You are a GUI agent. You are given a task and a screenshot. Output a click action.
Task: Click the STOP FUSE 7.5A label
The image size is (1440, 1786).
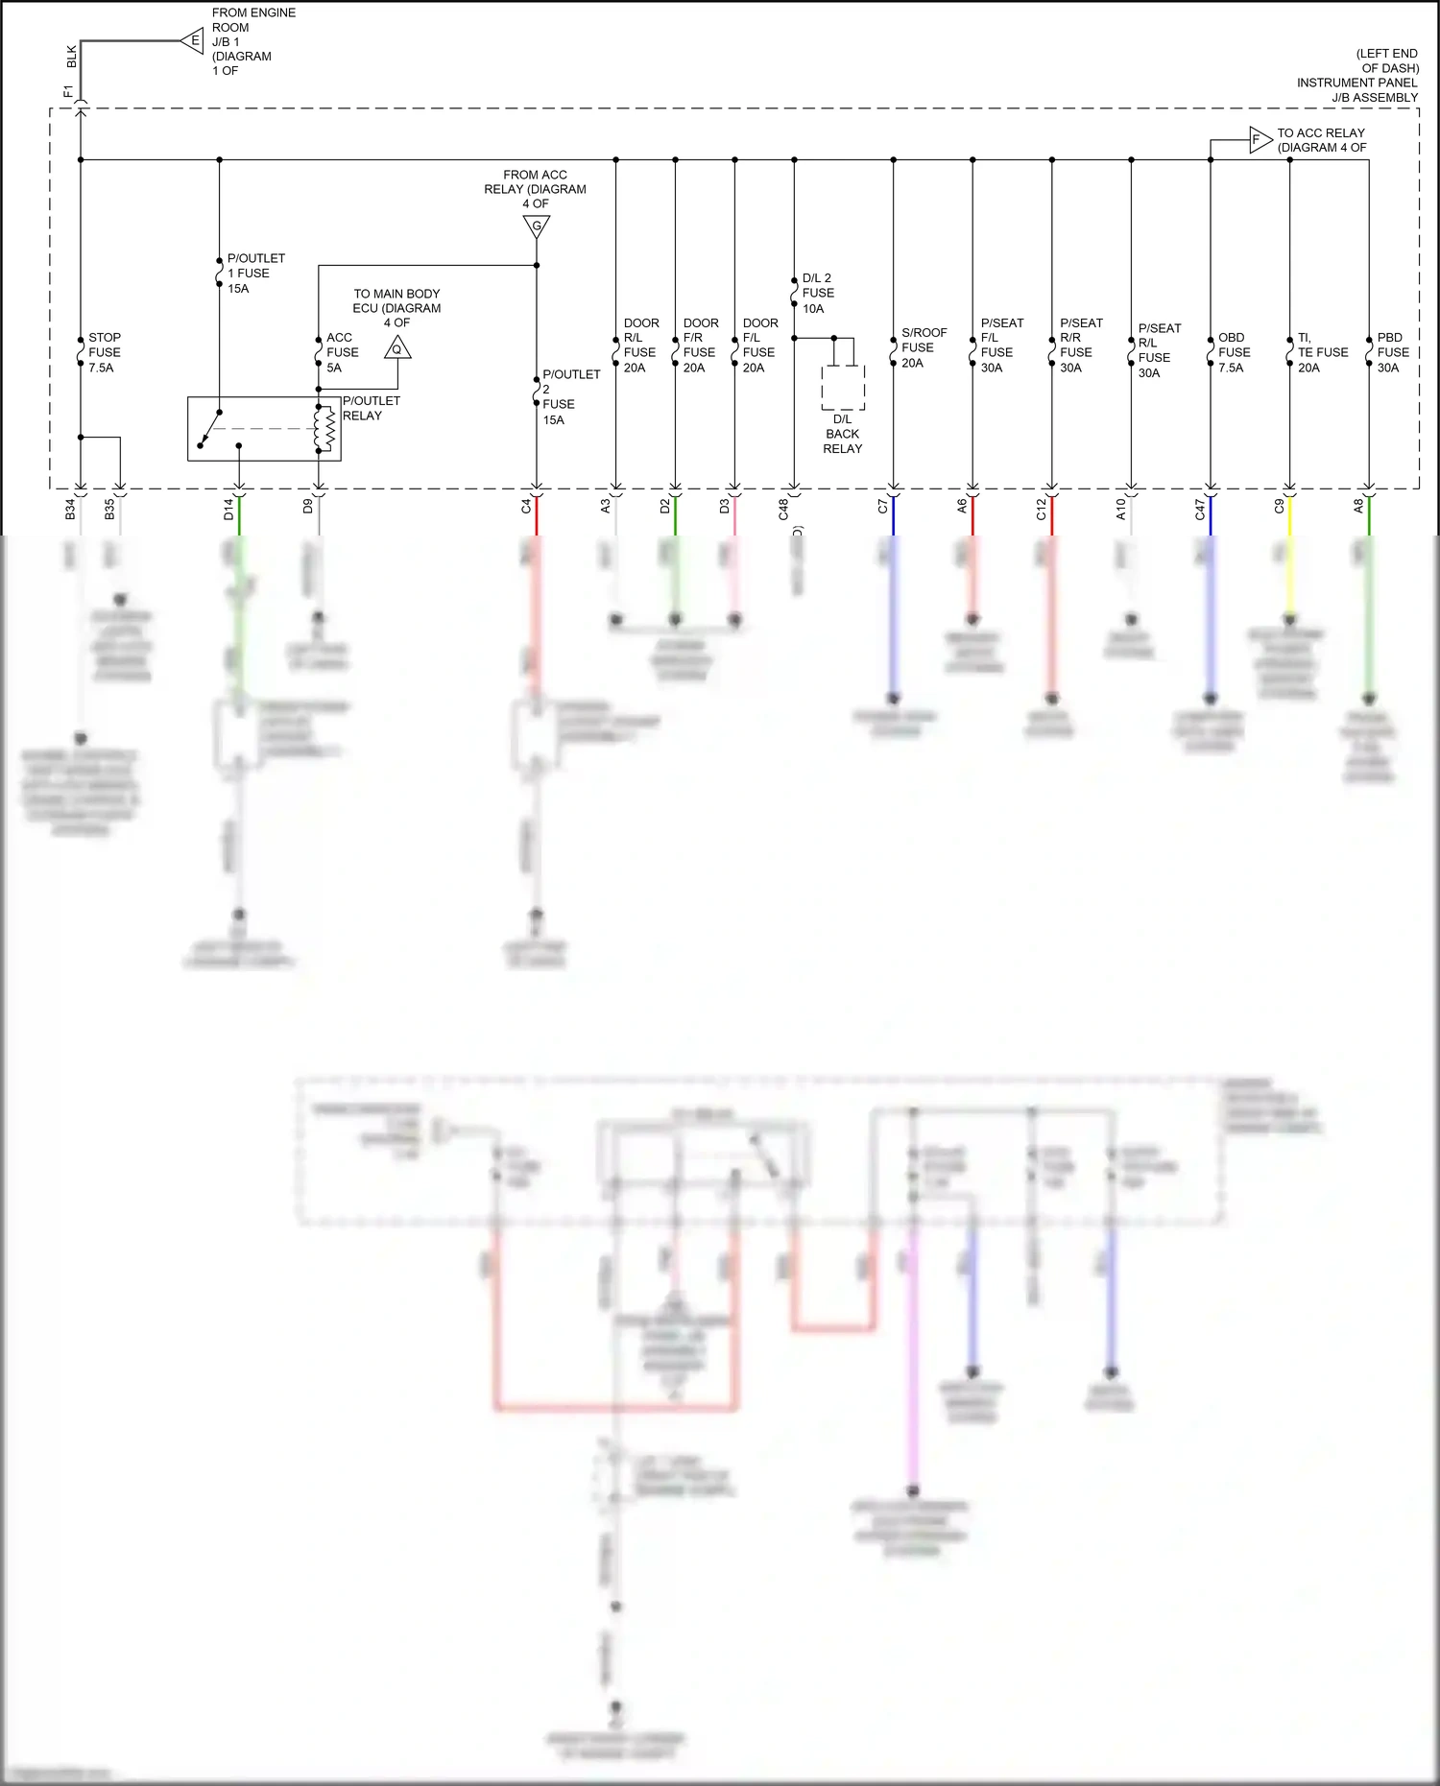[104, 352]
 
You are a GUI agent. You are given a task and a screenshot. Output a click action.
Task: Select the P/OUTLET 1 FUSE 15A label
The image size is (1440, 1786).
[254, 274]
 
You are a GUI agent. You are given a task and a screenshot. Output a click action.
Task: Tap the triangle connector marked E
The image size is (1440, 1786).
[194, 40]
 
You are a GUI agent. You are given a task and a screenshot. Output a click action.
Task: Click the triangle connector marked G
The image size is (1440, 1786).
[537, 226]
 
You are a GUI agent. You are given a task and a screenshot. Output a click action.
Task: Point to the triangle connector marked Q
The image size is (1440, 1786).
[397, 348]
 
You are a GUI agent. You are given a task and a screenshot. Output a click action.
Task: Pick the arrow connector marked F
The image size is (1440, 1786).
[1259, 140]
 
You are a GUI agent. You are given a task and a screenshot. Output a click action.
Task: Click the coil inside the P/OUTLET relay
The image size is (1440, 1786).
[324, 428]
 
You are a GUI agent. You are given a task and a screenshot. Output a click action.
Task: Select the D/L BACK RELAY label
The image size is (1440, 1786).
[842, 434]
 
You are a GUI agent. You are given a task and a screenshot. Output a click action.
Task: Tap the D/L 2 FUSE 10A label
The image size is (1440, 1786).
[817, 293]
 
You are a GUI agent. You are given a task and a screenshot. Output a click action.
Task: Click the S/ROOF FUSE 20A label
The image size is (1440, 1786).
[923, 347]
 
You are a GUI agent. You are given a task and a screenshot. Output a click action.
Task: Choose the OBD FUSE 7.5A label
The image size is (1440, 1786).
[1233, 352]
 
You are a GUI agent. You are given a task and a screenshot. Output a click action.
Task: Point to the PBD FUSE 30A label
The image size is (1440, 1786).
[1392, 352]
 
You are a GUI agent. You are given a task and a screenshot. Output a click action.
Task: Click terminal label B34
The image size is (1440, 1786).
[70, 510]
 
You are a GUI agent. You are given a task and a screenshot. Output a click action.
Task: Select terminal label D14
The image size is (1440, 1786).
[228, 510]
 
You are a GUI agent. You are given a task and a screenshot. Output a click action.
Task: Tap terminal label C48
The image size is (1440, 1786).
[783, 510]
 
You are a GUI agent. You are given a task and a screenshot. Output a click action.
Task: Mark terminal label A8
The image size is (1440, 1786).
[1358, 506]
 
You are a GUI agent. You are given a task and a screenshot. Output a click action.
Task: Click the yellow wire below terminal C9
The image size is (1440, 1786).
[1289, 557]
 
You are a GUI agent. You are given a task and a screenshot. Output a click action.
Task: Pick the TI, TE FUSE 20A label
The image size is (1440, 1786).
[1321, 352]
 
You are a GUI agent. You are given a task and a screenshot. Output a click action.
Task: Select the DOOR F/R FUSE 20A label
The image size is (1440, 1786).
[700, 345]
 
